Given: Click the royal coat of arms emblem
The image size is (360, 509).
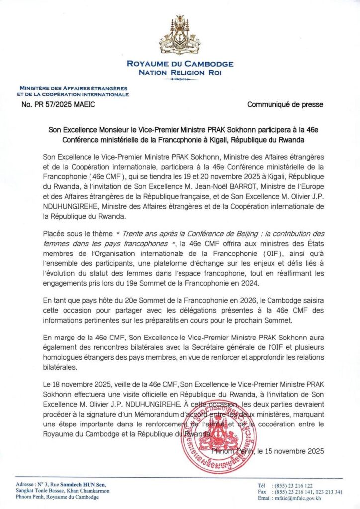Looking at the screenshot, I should pyautogui.click(x=180, y=36).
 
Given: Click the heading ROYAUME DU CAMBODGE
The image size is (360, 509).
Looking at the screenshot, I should pyautogui.click(x=180, y=64).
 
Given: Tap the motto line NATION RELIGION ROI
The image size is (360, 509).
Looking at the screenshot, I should pyautogui.click(x=180, y=72).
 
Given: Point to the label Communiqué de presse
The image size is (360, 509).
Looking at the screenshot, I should pyautogui.click(x=285, y=104).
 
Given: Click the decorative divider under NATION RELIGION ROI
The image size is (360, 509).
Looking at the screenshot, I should pyautogui.click(x=180, y=79).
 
